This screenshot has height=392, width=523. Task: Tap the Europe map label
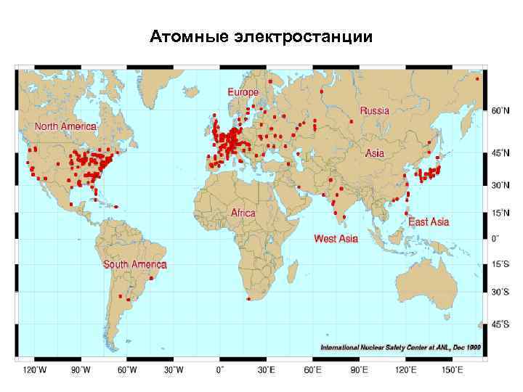click(243, 92)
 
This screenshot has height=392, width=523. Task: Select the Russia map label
click(375, 111)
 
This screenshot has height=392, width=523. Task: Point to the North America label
click(65, 126)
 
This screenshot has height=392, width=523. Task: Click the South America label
click(135, 264)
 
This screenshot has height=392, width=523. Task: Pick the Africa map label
click(243, 213)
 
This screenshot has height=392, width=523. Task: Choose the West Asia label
click(336, 238)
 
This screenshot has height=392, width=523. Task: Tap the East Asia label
click(429, 221)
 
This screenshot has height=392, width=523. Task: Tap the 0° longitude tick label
click(219, 369)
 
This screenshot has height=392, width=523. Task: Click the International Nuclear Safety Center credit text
click(401, 348)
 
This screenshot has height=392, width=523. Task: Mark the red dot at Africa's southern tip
click(249, 298)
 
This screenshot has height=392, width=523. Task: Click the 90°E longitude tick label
click(360, 369)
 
